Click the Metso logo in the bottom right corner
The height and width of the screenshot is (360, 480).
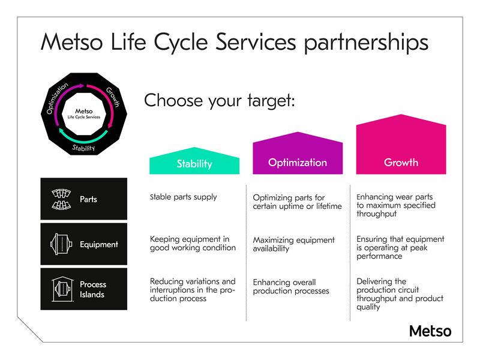(x=430, y=331)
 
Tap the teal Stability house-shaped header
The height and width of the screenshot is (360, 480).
(x=194, y=163)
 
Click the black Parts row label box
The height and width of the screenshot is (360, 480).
(x=84, y=199)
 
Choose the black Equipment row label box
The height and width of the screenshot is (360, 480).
(x=84, y=244)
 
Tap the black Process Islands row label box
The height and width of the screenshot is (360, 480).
(x=84, y=289)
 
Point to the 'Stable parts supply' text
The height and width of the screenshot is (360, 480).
(x=183, y=197)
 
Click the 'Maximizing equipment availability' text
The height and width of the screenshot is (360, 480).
(x=293, y=244)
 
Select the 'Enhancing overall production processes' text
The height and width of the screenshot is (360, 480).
(x=291, y=287)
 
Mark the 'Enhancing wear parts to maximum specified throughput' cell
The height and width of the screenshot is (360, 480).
(x=395, y=205)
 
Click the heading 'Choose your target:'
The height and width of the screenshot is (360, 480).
(x=220, y=100)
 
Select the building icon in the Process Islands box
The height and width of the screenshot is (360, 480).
(x=60, y=289)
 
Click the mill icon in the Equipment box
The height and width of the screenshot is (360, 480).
(x=60, y=244)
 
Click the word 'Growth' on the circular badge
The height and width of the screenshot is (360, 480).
(x=113, y=96)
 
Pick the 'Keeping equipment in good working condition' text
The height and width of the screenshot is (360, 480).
(x=193, y=244)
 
